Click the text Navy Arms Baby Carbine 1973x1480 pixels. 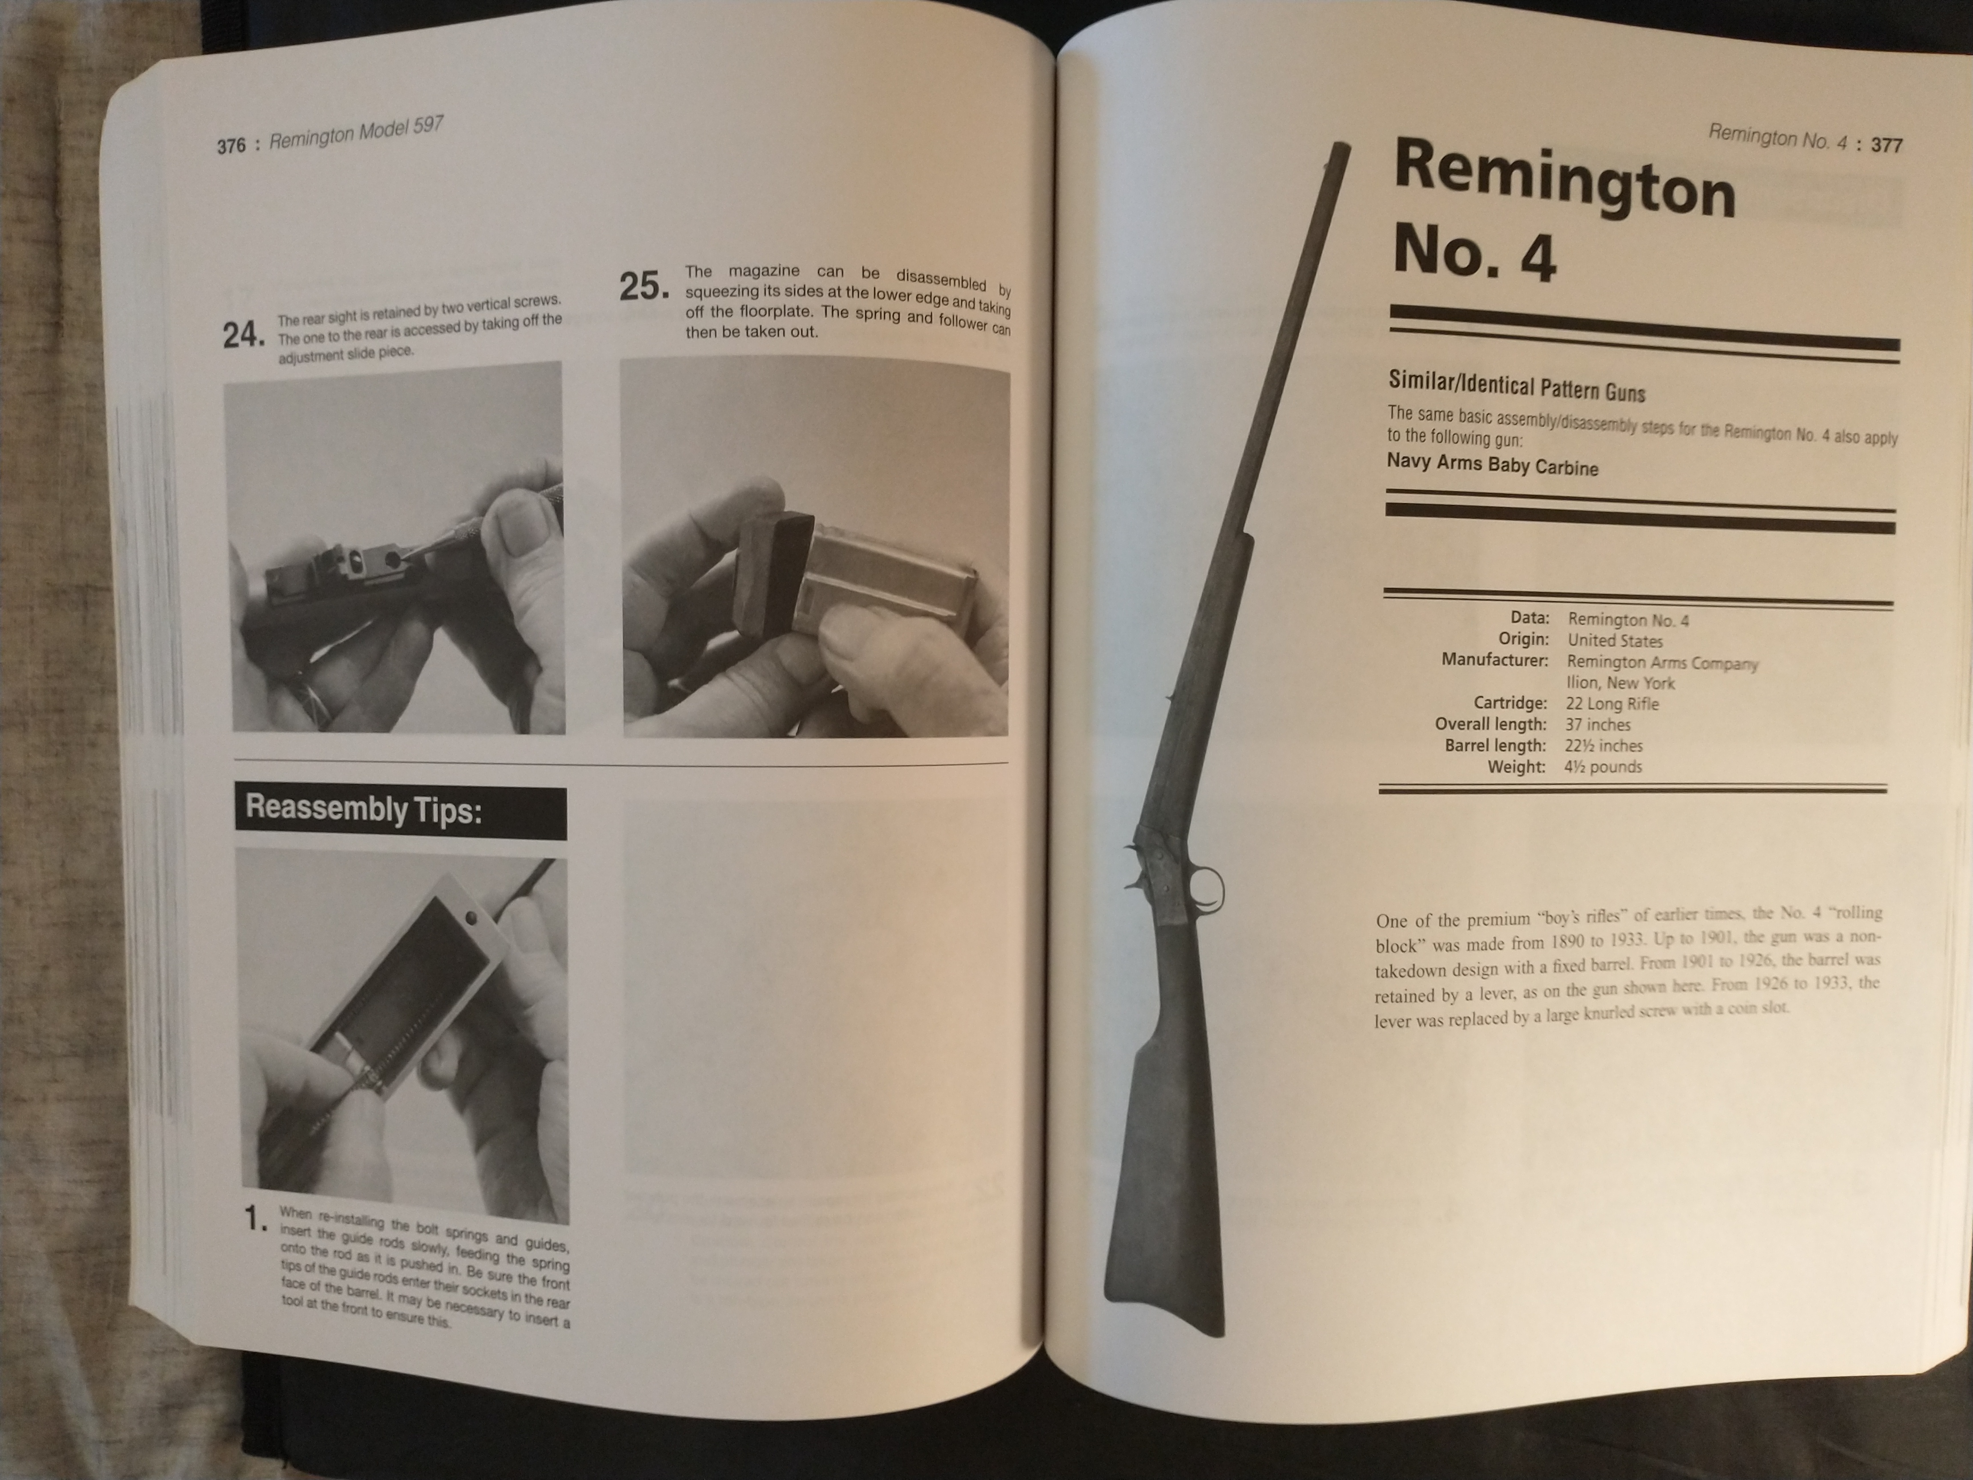pos(1492,465)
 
